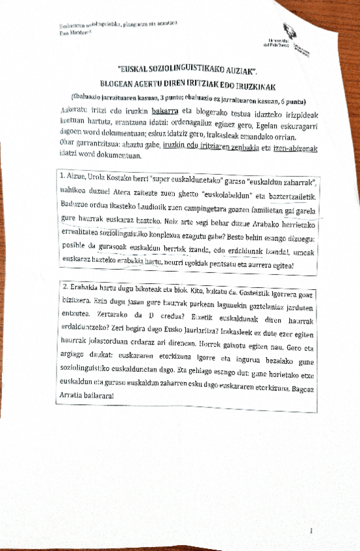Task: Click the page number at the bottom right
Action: tap(312, 530)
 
